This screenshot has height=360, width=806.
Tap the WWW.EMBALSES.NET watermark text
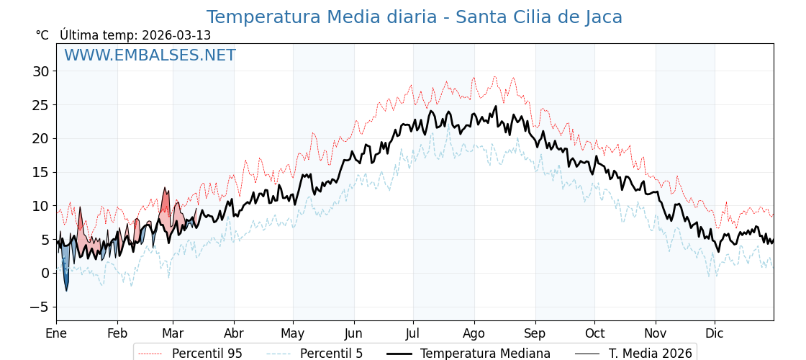tap(150, 55)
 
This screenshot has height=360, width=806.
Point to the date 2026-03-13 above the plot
tap(176, 35)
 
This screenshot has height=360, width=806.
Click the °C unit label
tap(42, 35)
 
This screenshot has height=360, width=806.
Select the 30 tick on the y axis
tap(40, 71)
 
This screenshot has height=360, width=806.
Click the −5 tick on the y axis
tap(40, 307)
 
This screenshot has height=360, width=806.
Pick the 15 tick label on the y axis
tap(40, 172)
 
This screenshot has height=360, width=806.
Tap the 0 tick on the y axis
tap(45, 273)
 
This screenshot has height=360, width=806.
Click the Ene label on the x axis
tap(56, 333)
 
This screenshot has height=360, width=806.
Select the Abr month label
tap(234, 333)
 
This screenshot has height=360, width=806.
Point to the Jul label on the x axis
tap(413, 333)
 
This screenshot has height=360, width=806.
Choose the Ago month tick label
tap(474, 333)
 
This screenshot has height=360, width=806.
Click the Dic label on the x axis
tap(715, 333)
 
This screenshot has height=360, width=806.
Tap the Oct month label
tap(594, 333)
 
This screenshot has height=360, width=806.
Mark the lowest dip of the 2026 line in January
tap(66, 290)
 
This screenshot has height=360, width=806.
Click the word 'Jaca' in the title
tap(599, 17)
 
